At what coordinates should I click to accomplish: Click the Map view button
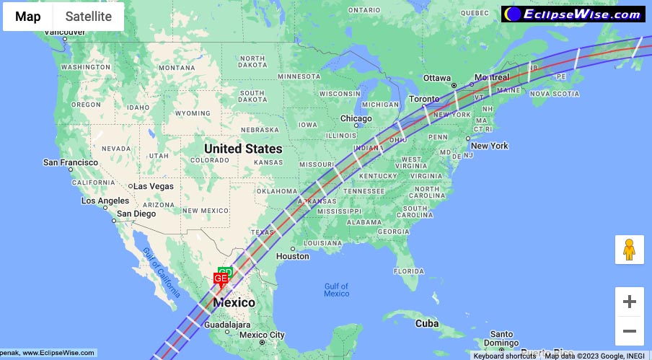pyautogui.click(x=28, y=17)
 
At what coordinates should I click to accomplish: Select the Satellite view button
pyautogui.click(x=89, y=17)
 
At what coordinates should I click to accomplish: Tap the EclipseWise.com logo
pyautogui.click(x=573, y=14)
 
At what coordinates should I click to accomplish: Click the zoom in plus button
pyautogui.click(x=629, y=302)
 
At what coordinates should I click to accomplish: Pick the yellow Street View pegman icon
pyautogui.click(x=629, y=250)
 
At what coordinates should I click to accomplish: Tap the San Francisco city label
pyautogui.click(x=71, y=162)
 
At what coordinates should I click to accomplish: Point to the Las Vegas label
pyautogui.click(x=153, y=186)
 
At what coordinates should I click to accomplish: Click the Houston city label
pyautogui.click(x=292, y=256)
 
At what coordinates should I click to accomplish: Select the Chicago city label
pyautogui.click(x=356, y=118)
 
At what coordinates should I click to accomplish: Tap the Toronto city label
pyautogui.click(x=424, y=99)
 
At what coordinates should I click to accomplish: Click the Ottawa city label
pyautogui.click(x=436, y=78)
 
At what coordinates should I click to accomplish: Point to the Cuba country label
pyautogui.click(x=427, y=323)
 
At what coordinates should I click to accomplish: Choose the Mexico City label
pyautogui.click(x=262, y=335)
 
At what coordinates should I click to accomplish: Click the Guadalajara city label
pyautogui.click(x=227, y=324)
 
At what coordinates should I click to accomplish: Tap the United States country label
pyautogui.click(x=243, y=149)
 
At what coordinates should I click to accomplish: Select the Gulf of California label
pyautogui.click(x=160, y=272)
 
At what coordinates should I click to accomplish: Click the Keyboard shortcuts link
pyautogui.click(x=504, y=356)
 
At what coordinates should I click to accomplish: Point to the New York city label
pyautogui.click(x=490, y=146)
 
